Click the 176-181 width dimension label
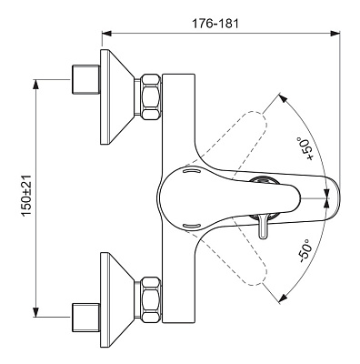click(x=215, y=23)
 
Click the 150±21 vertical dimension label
click(x=26, y=196)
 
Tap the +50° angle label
click(x=305, y=148)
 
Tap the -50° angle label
click(x=305, y=250)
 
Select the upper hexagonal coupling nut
click(x=151, y=96)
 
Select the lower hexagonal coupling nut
click(x=151, y=299)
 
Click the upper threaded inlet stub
click(x=85, y=79)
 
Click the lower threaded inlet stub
click(x=85, y=317)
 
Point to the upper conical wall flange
click(x=117, y=96)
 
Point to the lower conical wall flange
click(x=117, y=299)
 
